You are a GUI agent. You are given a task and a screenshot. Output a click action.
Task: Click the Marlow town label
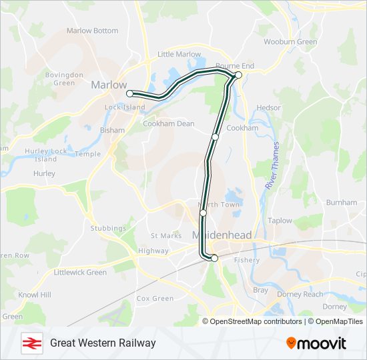pyautogui.click(x=109, y=85)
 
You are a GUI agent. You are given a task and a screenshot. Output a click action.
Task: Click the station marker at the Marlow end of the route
pyautogui.click(x=130, y=94)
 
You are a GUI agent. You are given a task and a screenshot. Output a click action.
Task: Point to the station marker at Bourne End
pyautogui.click(x=238, y=75)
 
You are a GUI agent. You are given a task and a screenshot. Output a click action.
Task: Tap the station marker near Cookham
pyautogui.click(x=216, y=137)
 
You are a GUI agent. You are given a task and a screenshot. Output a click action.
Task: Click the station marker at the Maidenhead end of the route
pyautogui.click(x=214, y=258)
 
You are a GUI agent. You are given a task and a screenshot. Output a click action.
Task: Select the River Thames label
pyautogui.click(x=272, y=165)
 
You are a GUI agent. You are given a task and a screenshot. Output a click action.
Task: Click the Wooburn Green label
pyautogui.click(x=290, y=42)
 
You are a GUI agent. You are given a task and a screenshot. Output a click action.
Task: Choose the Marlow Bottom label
pyautogui.click(x=92, y=31)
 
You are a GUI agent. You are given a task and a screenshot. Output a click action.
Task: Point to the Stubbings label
pyautogui.click(x=108, y=229)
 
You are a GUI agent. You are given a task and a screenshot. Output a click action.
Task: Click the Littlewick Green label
pyautogui.click(x=80, y=272)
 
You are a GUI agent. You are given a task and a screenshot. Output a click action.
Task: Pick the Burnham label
pyautogui.click(x=342, y=202)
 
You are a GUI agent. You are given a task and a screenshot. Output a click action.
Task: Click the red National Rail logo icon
pyautogui.click(x=31, y=343)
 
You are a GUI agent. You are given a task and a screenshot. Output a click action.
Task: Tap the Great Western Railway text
pyautogui.click(x=103, y=343)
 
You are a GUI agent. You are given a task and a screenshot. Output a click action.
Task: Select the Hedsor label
pyautogui.click(x=268, y=107)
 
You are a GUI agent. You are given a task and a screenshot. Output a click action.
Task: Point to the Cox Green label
pyautogui.click(x=155, y=299)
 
